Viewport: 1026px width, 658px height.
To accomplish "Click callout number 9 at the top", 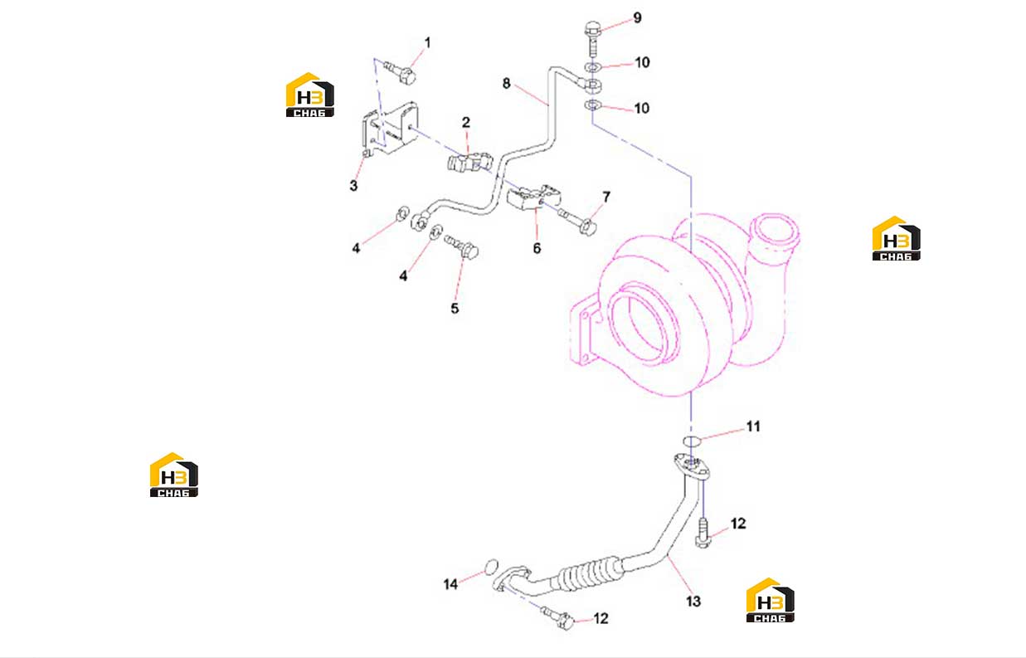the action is coord(638,18).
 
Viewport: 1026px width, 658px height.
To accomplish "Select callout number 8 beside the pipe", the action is coord(506,84).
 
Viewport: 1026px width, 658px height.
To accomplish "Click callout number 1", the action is coord(427,42).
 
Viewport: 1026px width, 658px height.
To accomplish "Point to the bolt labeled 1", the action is coord(400,73).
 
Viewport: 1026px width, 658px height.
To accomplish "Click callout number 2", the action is coord(466,122).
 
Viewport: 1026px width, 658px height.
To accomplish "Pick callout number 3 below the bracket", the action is coord(353,186).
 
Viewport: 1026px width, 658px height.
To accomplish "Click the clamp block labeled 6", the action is coord(534,197).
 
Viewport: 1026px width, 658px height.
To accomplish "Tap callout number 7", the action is coord(606,197).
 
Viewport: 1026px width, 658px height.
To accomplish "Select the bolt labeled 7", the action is coord(577,221).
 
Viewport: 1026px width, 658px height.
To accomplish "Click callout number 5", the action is coord(455,309).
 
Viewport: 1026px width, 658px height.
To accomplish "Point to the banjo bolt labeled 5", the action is coord(462,246).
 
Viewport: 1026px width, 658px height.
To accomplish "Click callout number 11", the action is coord(753,426).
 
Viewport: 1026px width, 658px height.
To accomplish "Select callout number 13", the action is coord(693,602).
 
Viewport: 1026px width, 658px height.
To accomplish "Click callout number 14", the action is coord(450,584).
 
